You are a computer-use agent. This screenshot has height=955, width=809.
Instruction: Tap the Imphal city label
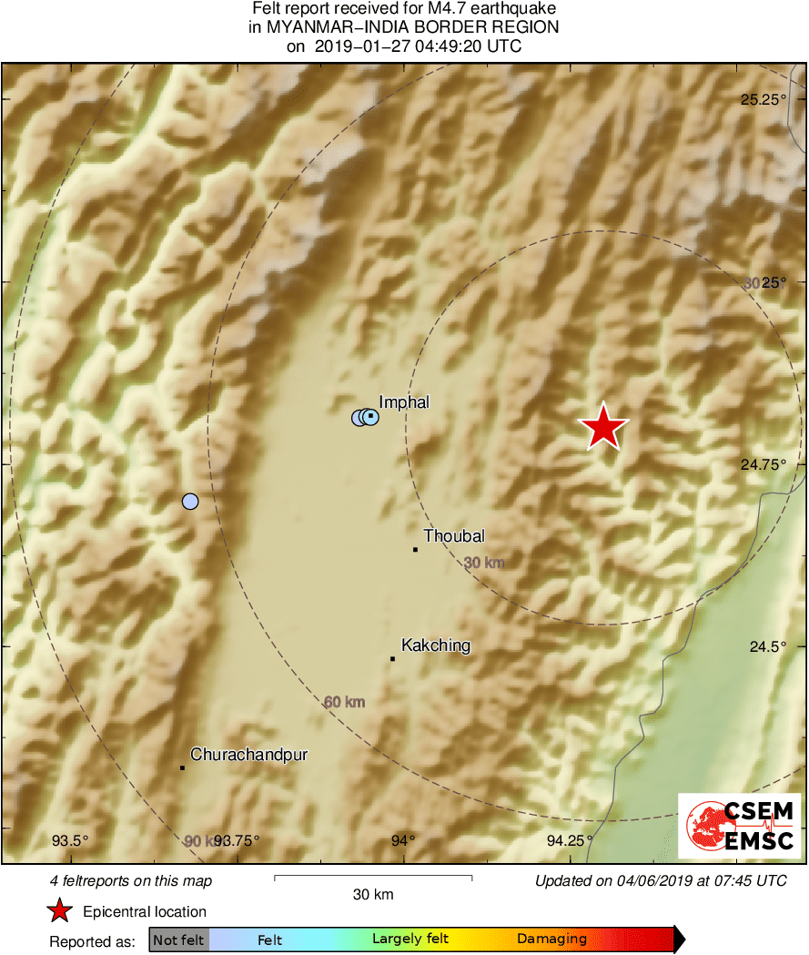[x=403, y=402]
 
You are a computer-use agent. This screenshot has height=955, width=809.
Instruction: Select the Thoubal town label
[x=454, y=536]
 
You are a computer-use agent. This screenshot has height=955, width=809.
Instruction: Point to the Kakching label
[x=436, y=645]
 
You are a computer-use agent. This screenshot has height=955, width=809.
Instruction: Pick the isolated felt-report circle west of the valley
[x=189, y=501]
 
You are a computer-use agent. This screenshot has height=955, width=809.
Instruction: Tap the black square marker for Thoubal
[x=415, y=549]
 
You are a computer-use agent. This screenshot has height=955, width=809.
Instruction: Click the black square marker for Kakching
[x=392, y=658]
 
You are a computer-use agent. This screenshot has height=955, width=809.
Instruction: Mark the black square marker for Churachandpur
[x=182, y=767]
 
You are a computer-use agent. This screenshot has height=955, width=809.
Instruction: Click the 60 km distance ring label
[x=344, y=702]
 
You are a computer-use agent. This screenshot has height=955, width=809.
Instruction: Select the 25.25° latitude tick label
[x=763, y=100]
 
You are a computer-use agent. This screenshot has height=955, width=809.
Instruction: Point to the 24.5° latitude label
[x=767, y=646]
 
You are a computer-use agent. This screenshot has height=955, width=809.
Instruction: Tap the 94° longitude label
[x=403, y=840]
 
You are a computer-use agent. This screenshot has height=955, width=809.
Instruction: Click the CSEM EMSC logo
[x=740, y=825]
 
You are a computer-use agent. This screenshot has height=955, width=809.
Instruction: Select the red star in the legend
[x=60, y=910]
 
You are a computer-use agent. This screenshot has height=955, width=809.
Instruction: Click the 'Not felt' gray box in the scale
[x=179, y=940]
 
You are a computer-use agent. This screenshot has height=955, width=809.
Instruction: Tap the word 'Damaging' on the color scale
[x=551, y=940]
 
